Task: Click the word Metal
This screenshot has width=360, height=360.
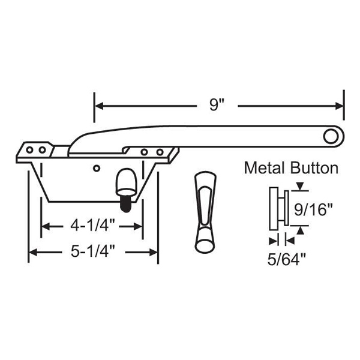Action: (265, 168)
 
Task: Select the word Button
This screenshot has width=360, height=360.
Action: (314, 168)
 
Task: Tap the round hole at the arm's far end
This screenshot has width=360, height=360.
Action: (330, 136)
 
